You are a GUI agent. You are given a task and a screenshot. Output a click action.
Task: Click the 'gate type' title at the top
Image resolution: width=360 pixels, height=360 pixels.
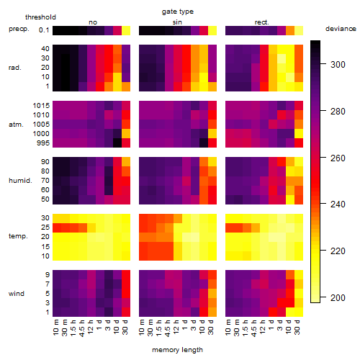(x=178, y=12)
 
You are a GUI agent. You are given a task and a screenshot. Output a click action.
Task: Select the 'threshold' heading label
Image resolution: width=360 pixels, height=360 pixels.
(x=40, y=17)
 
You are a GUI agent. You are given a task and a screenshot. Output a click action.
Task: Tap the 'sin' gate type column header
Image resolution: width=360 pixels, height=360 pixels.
(x=177, y=22)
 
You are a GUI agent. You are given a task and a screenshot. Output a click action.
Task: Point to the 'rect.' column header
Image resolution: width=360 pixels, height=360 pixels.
(x=261, y=22)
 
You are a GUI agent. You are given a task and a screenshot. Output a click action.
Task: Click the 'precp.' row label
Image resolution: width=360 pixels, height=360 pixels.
(x=19, y=29)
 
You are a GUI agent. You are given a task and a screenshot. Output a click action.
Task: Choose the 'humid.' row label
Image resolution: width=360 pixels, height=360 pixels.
(x=20, y=181)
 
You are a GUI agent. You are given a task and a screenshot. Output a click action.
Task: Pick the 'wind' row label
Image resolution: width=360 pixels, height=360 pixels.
(x=17, y=294)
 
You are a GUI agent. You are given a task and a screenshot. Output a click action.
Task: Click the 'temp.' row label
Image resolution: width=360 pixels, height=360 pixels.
(x=18, y=236)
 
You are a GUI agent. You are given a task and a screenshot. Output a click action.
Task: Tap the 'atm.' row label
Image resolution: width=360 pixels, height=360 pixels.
(x=16, y=125)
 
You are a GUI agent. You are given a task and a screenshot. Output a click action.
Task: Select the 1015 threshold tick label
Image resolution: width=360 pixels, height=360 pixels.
(x=41, y=106)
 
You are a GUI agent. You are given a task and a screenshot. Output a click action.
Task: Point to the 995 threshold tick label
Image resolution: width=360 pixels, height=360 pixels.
(x=43, y=143)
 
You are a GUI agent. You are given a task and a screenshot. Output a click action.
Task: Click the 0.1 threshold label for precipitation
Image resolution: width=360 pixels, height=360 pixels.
(x=44, y=30)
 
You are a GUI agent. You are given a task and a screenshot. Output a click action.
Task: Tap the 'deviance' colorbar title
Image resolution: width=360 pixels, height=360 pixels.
(x=341, y=29)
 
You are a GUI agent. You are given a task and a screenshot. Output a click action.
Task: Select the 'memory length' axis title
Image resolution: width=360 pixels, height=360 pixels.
(x=177, y=350)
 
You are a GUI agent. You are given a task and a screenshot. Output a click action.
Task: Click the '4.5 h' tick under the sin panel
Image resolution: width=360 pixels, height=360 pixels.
(x=168, y=328)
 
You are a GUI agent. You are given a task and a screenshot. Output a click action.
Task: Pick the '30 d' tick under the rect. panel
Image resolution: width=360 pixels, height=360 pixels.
(x=297, y=327)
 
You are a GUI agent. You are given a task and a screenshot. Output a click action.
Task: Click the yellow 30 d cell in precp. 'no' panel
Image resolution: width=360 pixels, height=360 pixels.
(x=126, y=30)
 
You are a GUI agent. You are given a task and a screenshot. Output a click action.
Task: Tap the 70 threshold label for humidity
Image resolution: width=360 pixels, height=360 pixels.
(x=45, y=181)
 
